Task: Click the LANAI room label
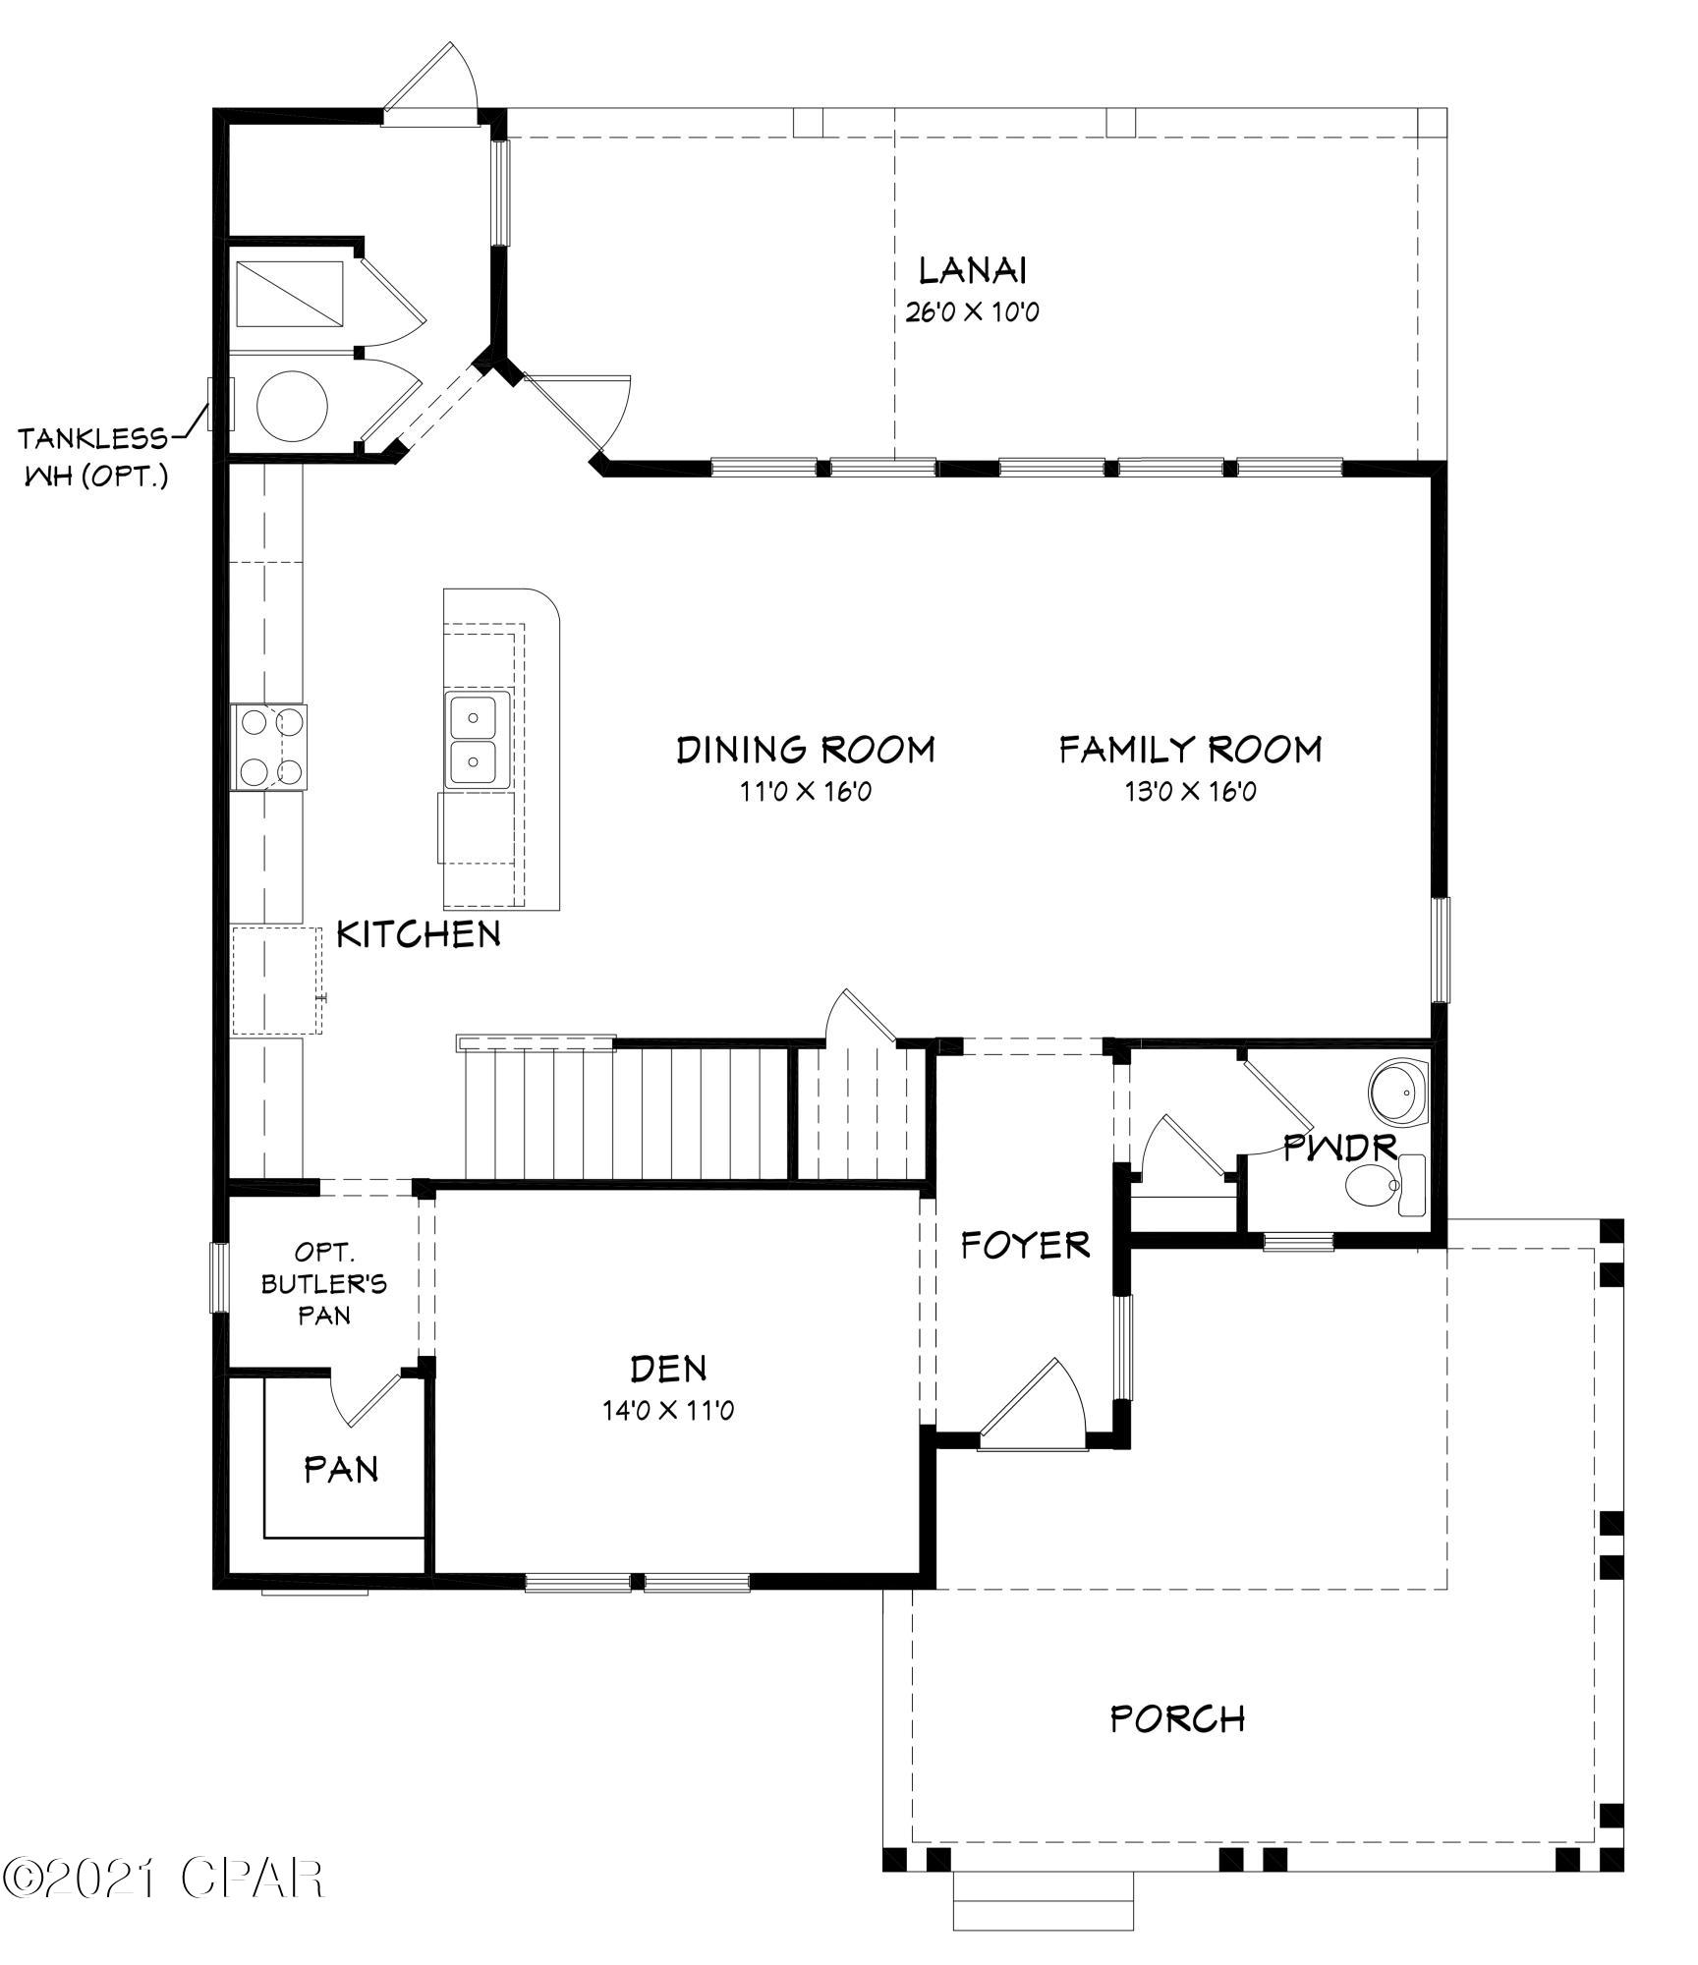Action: click(x=973, y=269)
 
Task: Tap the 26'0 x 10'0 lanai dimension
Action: click(x=972, y=313)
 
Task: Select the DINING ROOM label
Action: click(x=806, y=751)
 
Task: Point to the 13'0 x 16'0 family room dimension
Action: click(x=1190, y=792)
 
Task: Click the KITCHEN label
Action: click(x=419, y=934)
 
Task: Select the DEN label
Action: click(x=668, y=1368)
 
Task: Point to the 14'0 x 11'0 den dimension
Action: click(x=668, y=1411)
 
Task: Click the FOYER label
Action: click(x=1025, y=1246)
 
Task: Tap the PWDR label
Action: click(x=1340, y=1148)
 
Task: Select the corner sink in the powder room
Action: click(x=1398, y=1091)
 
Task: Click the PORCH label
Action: click(x=1177, y=1718)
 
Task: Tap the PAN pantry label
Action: click(x=341, y=1470)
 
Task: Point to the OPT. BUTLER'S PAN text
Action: click(x=324, y=1283)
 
